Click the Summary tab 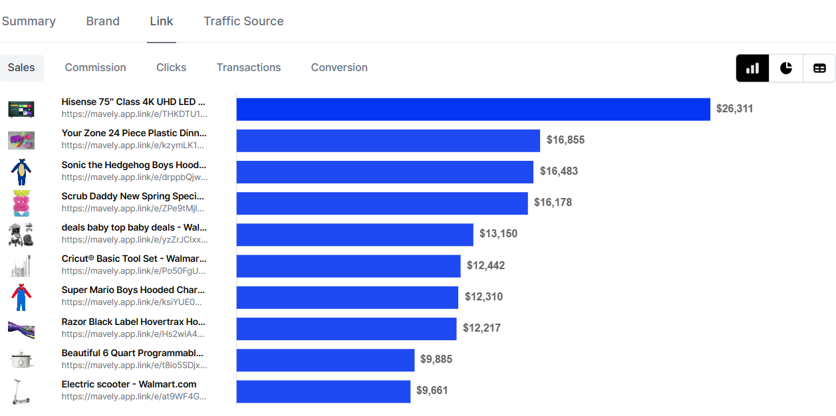pyautogui.click(x=29, y=21)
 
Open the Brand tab pyautogui.click(x=102, y=21)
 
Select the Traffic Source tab pyautogui.click(x=243, y=21)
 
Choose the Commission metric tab pyautogui.click(x=95, y=68)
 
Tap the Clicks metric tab pyautogui.click(x=171, y=68)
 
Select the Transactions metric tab pyautogui.click(x=249, y=68)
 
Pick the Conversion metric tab pyautogui.click(x=339, y=68)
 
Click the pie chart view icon pyautogui.click(x=786, y=68)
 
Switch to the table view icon pyautogui.click(x=819, y=68)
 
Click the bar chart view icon pyautogui.click(x=752, y=68)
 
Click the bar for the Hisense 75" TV pyautogui.click(x=474, y=109)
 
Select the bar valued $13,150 pyautogui.click(x=355, y=235)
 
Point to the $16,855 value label pyautogui.click(x=565, y=140)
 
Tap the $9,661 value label pyautogui.click(x=432, y=390)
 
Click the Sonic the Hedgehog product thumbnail pyautogui.click(x=21, y=172)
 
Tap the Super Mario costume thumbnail pyautogui.click(x=21, y=297)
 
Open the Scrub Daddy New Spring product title pyautogui.click(x=133, y=196)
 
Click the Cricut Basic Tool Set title pyautogui.click(x=134, y=259)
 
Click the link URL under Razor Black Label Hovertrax pyautogui.click(x=133, y=334)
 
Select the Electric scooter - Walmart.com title pyautogui.click(x=129, y=384)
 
